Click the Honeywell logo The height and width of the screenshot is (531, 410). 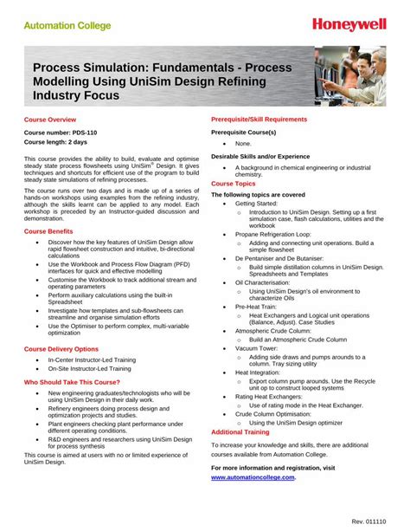pyautogui.click(x=350, y=24)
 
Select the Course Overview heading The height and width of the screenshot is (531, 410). pyautogui.click(x=50, y=119)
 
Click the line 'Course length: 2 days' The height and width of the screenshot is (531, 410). pyautogui.click(x=55, y=141)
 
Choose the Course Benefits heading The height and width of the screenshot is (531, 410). pyautogui.click(x=48, y=232)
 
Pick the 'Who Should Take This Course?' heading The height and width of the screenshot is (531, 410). pyautogui.click(x=73, y=381)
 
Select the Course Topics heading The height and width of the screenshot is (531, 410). pyautogui.click(x=234, y=185)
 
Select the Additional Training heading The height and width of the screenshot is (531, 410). pyautogui.click(x=240, y=431)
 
